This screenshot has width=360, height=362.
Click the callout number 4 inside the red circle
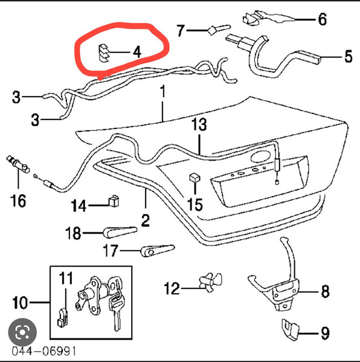137,52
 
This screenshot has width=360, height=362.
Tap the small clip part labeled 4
103,53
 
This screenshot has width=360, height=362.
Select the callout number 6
323,19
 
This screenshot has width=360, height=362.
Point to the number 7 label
181,31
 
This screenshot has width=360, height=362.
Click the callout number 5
349,56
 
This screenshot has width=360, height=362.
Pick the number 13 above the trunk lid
199,124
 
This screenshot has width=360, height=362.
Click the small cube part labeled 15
194,177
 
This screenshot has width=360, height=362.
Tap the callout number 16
18,200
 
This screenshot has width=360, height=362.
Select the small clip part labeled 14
114,201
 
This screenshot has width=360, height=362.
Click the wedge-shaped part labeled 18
120,232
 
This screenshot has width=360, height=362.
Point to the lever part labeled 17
157,250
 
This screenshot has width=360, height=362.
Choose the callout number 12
172,288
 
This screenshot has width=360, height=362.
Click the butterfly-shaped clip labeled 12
210,282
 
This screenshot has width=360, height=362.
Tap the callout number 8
326,291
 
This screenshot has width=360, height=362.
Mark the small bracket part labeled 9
290,329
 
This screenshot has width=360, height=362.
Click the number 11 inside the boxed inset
66,278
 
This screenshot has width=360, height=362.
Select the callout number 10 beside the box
20,303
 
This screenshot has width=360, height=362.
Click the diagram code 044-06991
44,351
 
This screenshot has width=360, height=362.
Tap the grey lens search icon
22,332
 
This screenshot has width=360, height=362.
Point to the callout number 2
145,220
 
